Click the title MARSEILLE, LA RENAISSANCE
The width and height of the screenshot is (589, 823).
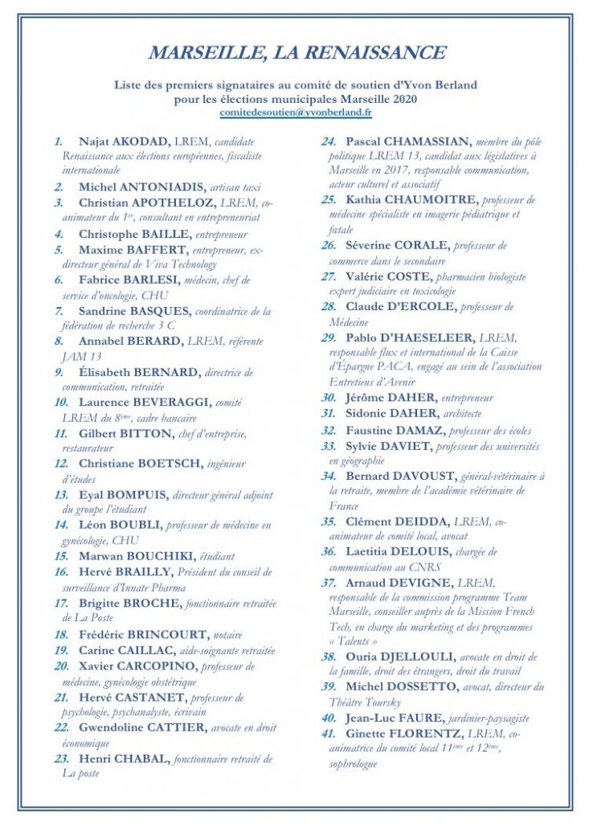click(297, 54)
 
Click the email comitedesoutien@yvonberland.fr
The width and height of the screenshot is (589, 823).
click(296, 113)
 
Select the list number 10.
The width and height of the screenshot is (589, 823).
click(61, 402)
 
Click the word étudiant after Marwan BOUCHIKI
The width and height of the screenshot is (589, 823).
click(220, 555)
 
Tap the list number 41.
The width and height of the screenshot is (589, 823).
click(329, 734)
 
